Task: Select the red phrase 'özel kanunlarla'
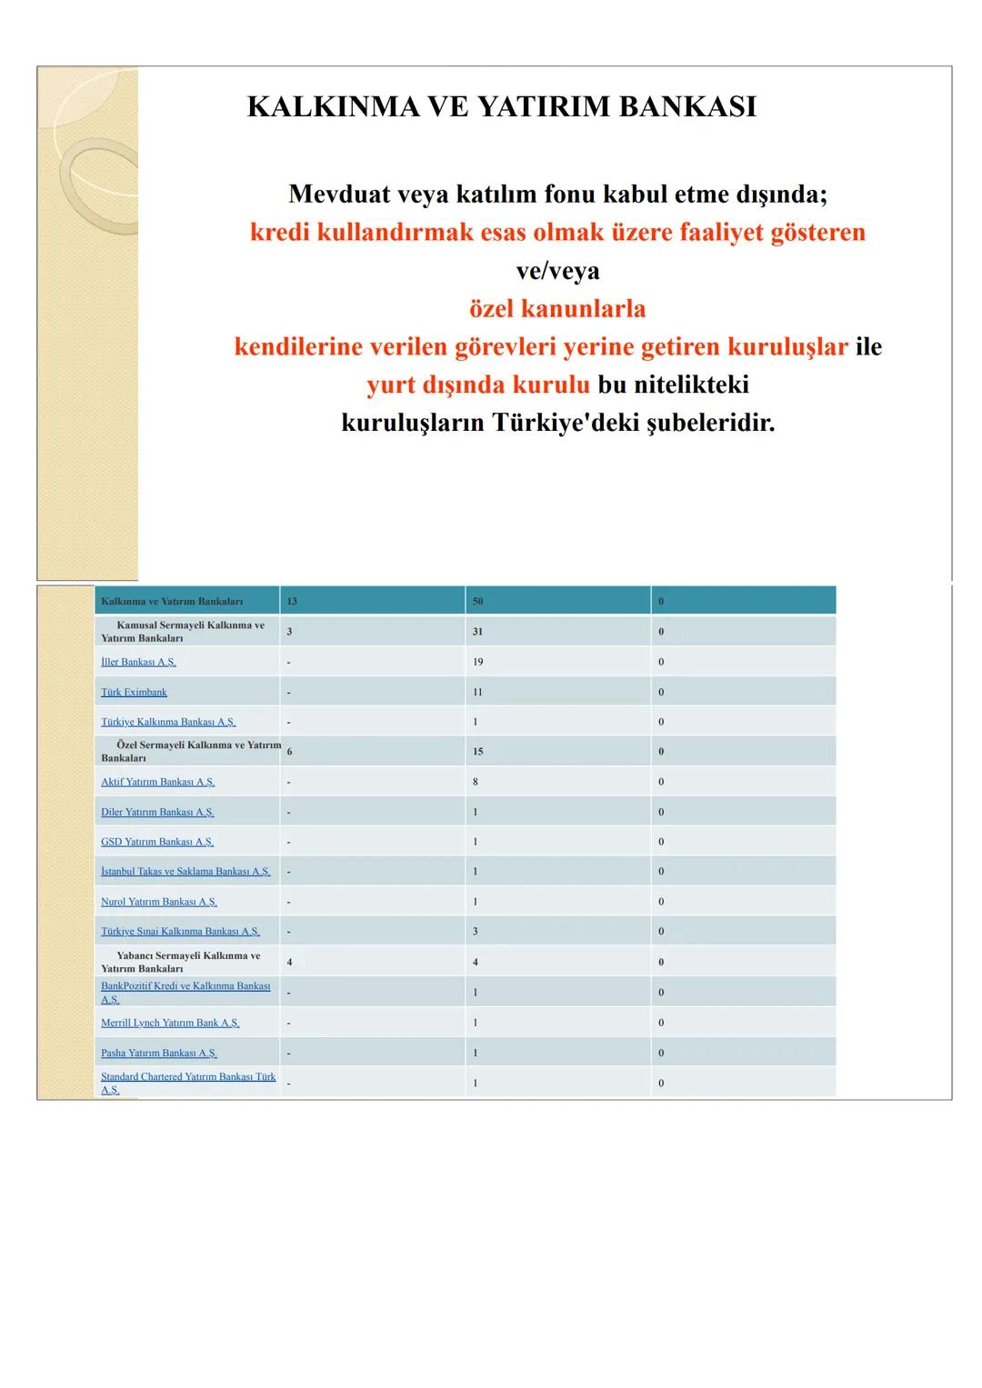coord(557,308)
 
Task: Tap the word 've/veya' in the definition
coord(557,270)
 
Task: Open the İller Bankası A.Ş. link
coord(138,662)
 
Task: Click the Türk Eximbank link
coord(134,692)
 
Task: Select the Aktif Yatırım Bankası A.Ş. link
coord(157,782)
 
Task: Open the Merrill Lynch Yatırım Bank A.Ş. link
coord(170,1023)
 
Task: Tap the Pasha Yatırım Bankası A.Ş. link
coord(158,1053)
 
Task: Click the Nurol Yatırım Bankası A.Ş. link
coord(158,902)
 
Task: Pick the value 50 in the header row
coord(477,602)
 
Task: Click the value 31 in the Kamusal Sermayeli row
coord(477,632)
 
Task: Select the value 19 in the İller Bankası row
coord(477,662)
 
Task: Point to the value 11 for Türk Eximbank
coord(477,692)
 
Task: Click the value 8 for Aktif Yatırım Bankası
coord(475,782)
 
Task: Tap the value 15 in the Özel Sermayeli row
coord(477,752)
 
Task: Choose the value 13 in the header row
coord(292,602)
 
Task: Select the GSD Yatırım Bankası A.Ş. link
coord(157,842)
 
